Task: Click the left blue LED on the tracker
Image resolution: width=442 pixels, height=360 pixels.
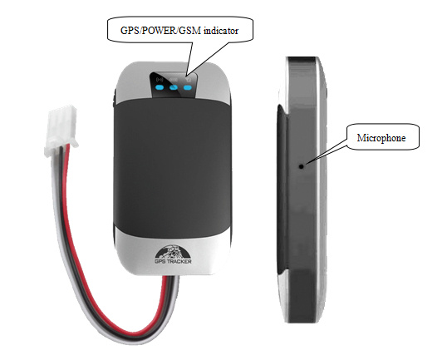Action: [x=160, y=87]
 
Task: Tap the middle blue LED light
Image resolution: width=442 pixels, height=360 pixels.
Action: [x=174, y=87]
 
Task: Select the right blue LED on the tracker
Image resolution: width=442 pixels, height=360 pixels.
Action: [x=188, y=87]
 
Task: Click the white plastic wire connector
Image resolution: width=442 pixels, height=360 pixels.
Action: [x=61, y=130]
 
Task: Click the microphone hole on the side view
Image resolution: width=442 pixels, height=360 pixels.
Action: [x=302, y=166]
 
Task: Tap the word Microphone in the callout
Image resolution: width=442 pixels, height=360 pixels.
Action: [x=381, y=138]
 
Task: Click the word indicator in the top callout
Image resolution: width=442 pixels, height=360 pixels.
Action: [x=221, y=31]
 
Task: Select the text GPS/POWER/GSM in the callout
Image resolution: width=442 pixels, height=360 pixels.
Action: [x=160, y=31]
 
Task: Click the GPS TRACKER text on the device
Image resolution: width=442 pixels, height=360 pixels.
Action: [x=173, y=262]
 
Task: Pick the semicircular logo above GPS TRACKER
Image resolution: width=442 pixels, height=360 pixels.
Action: [x=173, y=252]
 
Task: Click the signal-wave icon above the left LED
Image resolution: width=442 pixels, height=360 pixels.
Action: [x=160, y=80]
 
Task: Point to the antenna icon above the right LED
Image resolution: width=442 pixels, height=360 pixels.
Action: [x=189, y=80]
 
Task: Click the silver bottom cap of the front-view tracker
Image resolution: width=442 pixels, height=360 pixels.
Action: [x=173, y=254]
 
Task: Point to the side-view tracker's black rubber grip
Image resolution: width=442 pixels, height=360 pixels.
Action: [x=282, y=189]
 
